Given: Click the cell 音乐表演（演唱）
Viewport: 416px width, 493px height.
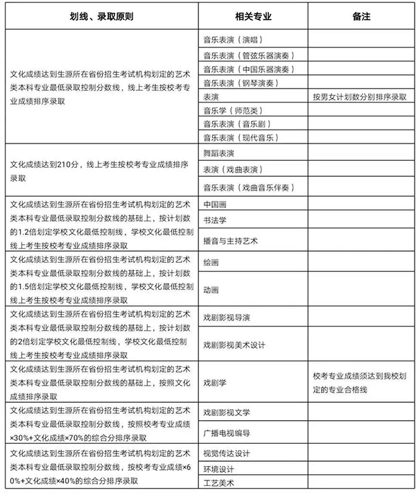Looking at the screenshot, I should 232,40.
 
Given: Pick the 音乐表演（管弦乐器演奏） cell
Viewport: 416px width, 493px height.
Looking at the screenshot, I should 246,54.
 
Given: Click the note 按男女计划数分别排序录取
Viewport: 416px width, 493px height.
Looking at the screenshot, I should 360,96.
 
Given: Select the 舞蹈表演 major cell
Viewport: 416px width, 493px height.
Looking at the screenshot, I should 218,153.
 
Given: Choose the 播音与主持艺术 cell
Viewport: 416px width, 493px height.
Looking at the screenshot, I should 230,241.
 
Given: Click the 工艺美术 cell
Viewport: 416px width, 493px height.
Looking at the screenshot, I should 218,482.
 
